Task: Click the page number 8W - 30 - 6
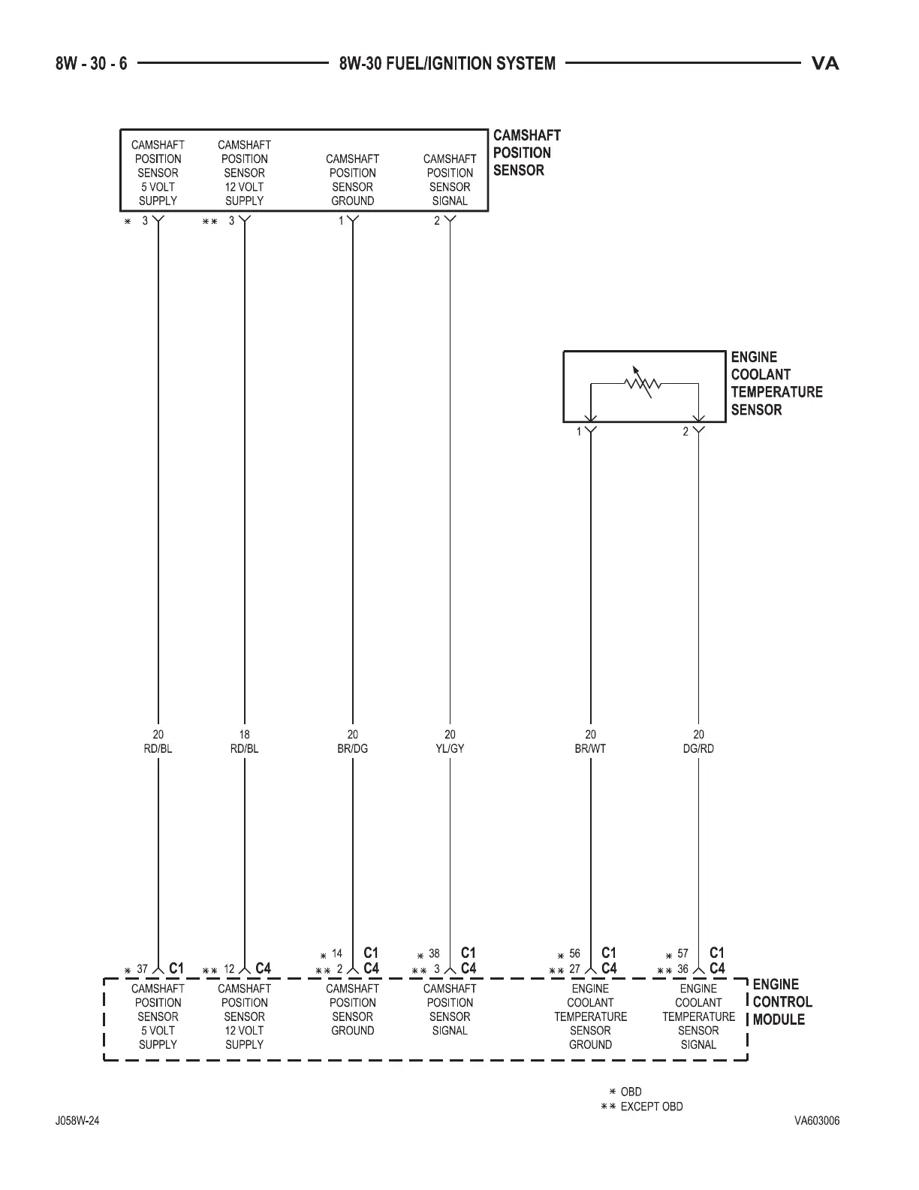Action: tap(92, 64)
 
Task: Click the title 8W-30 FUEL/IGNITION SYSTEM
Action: tap(447, 64)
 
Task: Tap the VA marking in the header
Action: tap(824, 64)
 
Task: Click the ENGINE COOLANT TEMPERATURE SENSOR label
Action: tap(776, 383)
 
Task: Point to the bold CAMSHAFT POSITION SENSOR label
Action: tap(526, 153)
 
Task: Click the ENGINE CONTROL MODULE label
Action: tap(782, 1001)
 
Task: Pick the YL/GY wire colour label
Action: tap(450, 749)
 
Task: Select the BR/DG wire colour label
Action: tap(352, 749)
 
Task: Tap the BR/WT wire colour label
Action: tap(590, 749)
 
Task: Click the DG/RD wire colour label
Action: tap(698, 749)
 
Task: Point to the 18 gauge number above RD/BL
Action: tap(244, 735)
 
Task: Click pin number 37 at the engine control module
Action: tap(142, 969)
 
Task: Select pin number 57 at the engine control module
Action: tap(682, 954)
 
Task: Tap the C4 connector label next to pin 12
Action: tap(263, 968)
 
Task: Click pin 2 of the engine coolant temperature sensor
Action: tap(685, 432)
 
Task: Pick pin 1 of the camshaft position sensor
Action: tap(341, 221)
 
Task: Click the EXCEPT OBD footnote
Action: tap(651, 1107)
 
